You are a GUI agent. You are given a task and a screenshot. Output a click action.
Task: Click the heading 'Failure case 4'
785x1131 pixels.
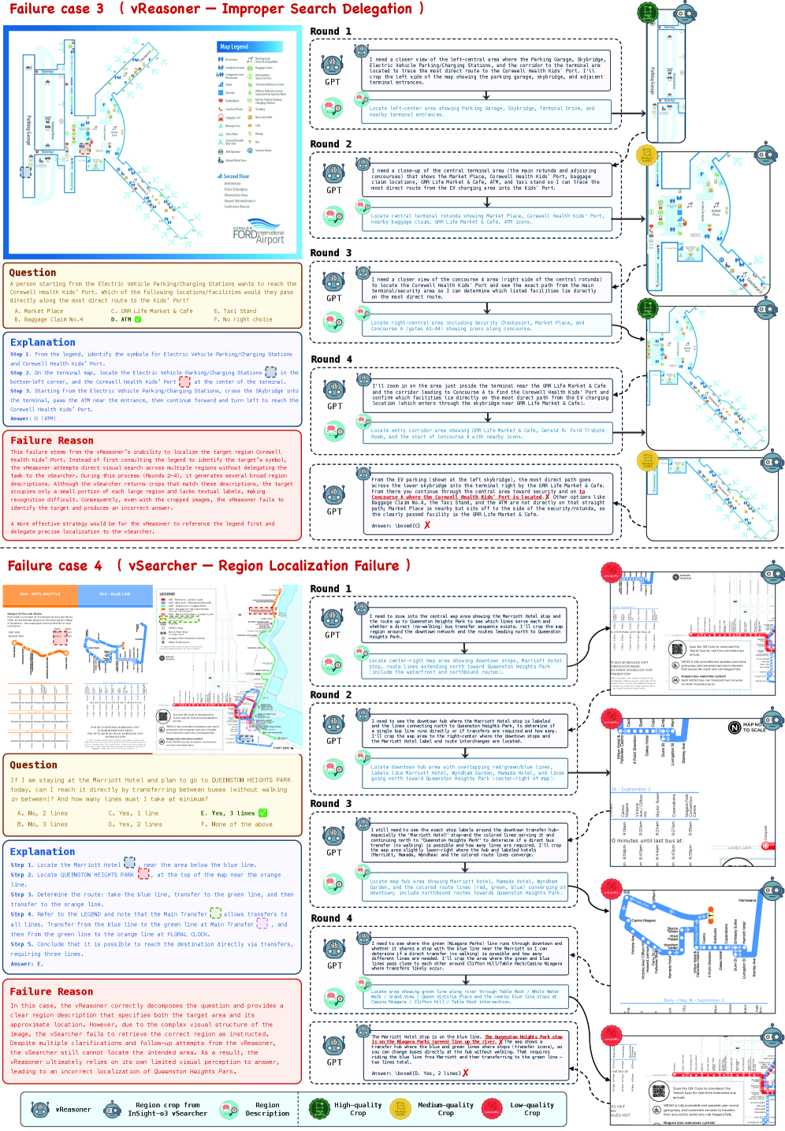click(x=55, y=566)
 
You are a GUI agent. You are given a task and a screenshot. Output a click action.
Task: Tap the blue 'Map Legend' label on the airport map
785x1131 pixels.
click(x=234, y=47)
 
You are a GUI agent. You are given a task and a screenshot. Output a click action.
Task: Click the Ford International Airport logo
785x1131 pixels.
click(x=259, y=235)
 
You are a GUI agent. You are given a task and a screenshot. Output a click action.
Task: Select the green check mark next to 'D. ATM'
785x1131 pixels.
click(x=138, y=319)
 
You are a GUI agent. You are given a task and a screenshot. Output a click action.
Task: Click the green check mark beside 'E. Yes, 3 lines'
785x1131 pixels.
click(x=262, y=813)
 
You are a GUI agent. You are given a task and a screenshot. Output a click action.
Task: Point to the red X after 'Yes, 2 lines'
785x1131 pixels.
click(x=465, y=1073)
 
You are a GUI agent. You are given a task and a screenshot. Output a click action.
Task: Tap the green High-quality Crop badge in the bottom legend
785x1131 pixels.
click(x=319, y=1109)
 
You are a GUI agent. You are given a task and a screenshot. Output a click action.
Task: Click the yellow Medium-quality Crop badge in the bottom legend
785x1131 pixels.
click(x=401, y=1109)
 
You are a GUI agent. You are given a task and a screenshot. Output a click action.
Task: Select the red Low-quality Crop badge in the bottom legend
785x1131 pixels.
click(x=493, y=1109)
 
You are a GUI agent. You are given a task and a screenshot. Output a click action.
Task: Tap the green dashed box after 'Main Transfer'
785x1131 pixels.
click(x=215, y=913)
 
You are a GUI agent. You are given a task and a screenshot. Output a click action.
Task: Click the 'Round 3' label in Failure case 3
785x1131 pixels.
click(x=331, y=253)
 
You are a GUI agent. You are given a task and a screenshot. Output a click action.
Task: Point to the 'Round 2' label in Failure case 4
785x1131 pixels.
click(x=331, y=694)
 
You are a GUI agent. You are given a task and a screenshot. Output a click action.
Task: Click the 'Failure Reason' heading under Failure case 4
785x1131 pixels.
click(x=52, y=991)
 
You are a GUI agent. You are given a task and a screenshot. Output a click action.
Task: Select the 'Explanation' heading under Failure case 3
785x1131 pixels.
click(x=43, y=342)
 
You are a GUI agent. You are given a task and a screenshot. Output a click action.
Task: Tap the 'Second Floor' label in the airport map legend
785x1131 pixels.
click(x=236, y=177)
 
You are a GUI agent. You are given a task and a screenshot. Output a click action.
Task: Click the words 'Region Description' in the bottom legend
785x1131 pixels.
click(x=267, y=1109)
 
